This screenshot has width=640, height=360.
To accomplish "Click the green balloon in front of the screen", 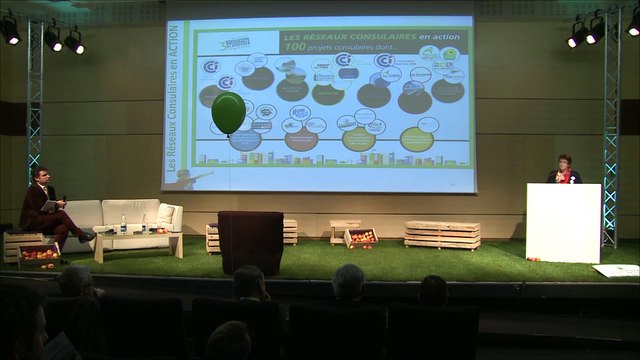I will [x=227, y=111].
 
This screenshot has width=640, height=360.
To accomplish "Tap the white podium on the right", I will [x=563, y=222].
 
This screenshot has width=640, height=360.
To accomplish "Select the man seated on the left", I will [x=45, y=208].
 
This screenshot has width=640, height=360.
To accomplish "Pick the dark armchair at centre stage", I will [x=250, y=241].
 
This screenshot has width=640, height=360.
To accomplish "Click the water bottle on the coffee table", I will [x=123, y=222].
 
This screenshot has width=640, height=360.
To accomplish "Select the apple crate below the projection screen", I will [x=360, y=238].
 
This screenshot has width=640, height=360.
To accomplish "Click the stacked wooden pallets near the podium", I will [x=442, y=235].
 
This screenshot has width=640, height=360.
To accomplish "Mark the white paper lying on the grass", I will [x=616, y=270].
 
